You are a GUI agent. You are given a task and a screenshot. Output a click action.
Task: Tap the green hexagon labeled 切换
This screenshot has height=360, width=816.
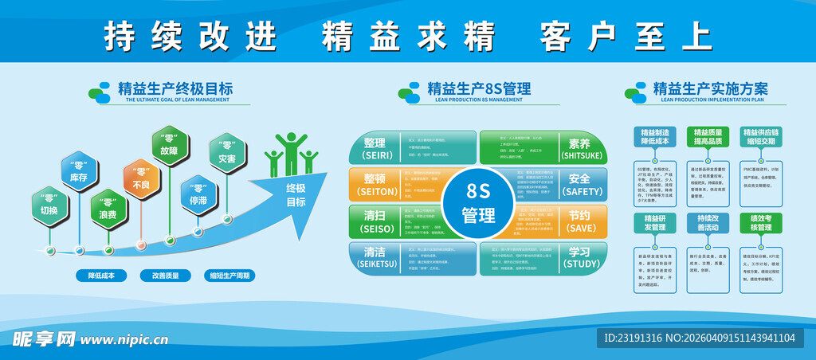(49, 205)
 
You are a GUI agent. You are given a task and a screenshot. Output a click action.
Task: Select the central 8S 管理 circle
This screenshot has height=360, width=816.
(478, 202)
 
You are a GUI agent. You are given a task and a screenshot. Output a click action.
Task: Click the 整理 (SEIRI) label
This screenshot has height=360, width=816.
(375, 148)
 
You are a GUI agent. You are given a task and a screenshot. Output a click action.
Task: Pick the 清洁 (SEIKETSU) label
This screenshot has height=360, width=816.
(375, 257)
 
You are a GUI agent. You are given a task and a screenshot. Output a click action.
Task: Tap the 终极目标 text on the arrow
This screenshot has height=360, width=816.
(296, 196)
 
